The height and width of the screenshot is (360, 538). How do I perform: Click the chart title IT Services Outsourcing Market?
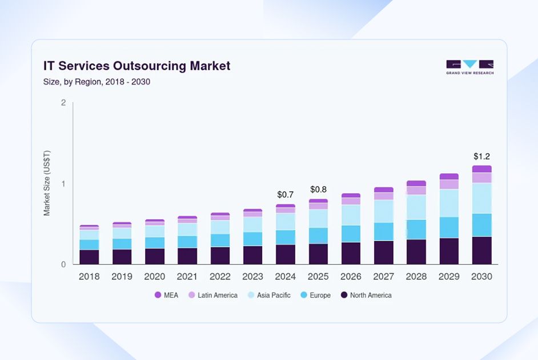click(x=136, y=66)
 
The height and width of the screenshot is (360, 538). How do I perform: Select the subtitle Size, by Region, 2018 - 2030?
click(x=97, y=82)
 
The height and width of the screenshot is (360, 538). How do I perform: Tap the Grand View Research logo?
click(x=469, y=67)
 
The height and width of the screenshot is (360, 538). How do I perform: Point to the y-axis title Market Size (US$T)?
click(x=47, y=183)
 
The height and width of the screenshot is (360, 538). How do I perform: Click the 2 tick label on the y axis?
click(x=63, y=103)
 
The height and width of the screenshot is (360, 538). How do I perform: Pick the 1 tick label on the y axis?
click(x=63, y=184)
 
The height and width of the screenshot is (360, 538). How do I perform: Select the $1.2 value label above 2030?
click(x=481, y=156)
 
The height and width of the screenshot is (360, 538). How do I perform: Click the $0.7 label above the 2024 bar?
click(x=285, y=195)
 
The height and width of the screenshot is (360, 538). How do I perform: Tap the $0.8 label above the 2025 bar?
click(x=318, y=189)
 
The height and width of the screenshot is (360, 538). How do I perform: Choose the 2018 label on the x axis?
click(x=89, y=277)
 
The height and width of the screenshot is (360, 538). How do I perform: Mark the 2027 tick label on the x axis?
click(x=384, y=277)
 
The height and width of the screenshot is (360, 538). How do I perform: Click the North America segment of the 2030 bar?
click(x=481, y=250)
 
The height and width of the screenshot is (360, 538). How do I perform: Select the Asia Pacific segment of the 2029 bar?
click(x=449, y=203)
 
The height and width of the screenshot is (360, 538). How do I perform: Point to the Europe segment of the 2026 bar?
click(x=351, y=234)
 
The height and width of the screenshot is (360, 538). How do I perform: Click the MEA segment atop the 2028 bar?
click(x=416, y=183)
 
